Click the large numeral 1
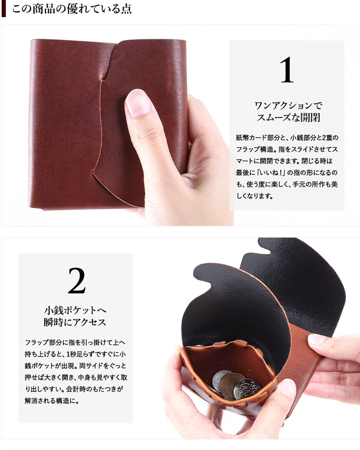tap(287, 70)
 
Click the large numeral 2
tap(77, 281)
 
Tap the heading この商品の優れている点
tap(72, 9)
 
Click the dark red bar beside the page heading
tap(3, 9)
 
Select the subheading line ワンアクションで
tap(288, 105)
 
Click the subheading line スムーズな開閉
tap(288, 117)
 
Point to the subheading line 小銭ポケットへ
tap(75, 310)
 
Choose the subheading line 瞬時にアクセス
tap(75, 322)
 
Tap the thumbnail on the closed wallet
tap(139, 102)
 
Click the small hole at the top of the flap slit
tap(101, 79)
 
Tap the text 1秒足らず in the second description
tap(80, 354)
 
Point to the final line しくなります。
tap(255, 196)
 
